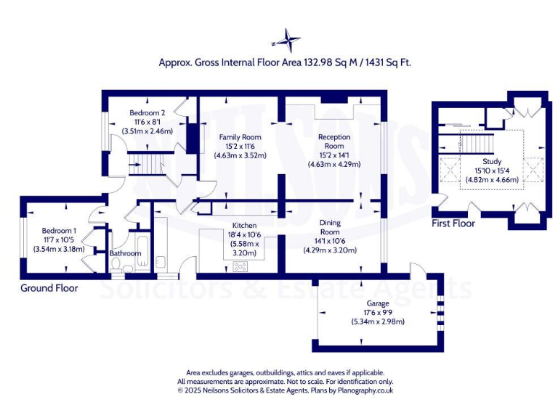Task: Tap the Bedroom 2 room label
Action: [x=147, y=112]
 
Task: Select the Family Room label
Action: [x=240, y=136]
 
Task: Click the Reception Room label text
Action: [x=334, y=142]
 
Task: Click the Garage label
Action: [x=378, y=303]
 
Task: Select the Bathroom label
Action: [x=125, y=254]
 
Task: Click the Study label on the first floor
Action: [x=492, y=161]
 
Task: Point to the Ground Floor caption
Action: [x=49, y=288]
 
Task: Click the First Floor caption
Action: [x=453, y=224]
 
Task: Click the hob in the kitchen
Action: [x=240, y=266]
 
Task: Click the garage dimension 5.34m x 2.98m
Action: [x=378, y=321]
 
